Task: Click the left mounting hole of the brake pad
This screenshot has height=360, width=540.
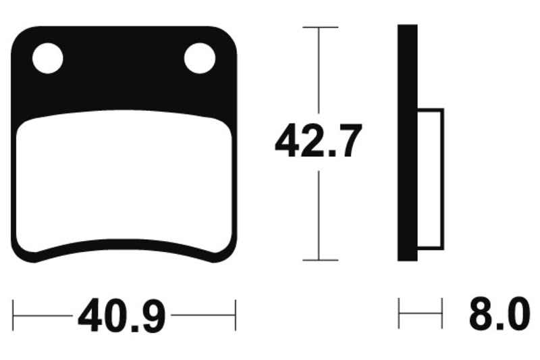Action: [47, 58]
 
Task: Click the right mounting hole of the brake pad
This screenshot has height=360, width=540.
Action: [200, 58]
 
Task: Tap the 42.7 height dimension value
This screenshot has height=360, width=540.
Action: [319, 140]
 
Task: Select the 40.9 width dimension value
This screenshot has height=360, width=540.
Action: [122, 315]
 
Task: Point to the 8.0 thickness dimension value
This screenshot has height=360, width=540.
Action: [500, 314]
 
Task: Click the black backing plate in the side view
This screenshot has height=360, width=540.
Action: [408, 143]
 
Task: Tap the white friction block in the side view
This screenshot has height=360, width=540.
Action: [431, 179]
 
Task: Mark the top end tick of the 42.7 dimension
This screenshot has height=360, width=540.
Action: [320, 27]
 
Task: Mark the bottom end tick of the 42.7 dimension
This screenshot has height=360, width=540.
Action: [320, 260]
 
